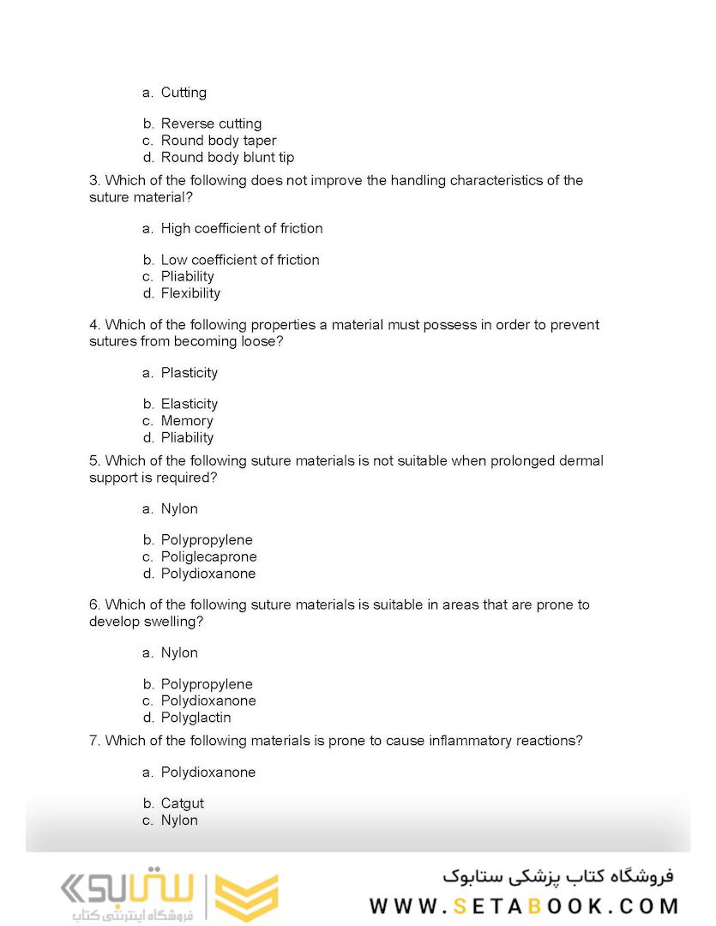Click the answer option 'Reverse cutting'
pyautogui.click(x=211, y=123)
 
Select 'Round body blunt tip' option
pyautogui.click(x=227, y=157)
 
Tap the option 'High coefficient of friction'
pyautogui.click(x=242, y=228)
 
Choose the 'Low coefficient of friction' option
pyautogui.click(x=240, y=260)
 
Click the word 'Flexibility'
pyautogui.click(x=190, y=293)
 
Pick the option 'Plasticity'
pyautogui.click(x=190, y=373)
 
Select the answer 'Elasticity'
pyautogui.click(x=190, y=404)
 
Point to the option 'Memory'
pyautogui.click(x=187, y=421)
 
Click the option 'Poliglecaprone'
pyautogui.click(x=208, y=556)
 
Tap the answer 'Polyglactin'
pyautogui.click(x=196, y=718)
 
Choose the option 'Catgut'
pyautogui.click(x=183, y=803)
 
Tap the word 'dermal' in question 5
pyautogui.click(x=583, y=461)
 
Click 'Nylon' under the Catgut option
pyautogui.click(x=179, y=821)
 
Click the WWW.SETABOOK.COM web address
pyautogui.click(x=524, y=906)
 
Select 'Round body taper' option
pyautogui.click(x=219, y=141)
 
